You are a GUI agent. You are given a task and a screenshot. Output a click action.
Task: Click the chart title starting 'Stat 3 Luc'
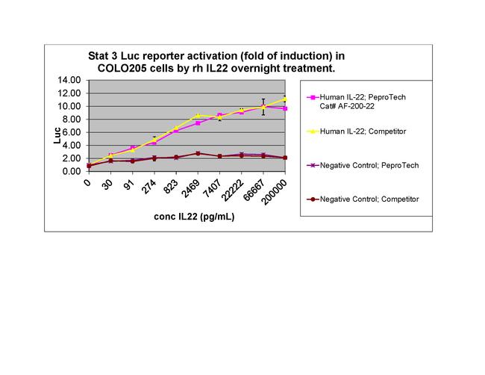pyautogui.click(x=216, y=62)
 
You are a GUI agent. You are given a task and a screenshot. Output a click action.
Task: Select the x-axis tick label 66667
pyautogui.click(x=256, y=190)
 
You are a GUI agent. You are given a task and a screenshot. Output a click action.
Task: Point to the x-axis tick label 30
pyautogui.click(x=108, y=184)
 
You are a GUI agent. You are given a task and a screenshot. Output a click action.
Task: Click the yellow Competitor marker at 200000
pyautogui.click(x=284, y=99)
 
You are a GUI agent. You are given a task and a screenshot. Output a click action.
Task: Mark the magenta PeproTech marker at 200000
pyautogui.click(x=284, y=108)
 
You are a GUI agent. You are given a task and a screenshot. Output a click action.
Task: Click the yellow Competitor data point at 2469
pyautogui.click(x=197, y=116)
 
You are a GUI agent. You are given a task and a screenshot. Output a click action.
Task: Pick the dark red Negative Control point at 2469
pyautogui.click(x=197, y=153)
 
